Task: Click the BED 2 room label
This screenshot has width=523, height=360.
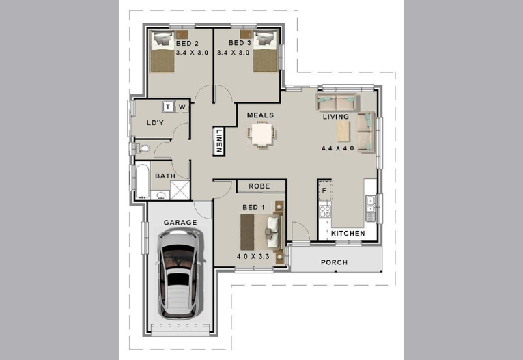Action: (x=187, y=43)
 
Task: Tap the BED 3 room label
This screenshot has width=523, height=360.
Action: (x=240, y=43)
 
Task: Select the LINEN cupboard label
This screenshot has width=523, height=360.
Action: (x=218, y=141)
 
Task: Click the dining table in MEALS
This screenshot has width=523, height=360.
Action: (x=261, y=135)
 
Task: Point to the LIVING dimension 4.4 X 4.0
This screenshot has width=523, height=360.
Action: (x=337, y=148)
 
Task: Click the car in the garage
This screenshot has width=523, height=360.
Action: (x=180, y=274)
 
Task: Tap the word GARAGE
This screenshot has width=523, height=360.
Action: (x=180, y=223)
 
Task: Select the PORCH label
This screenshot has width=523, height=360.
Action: (x=334, y=262)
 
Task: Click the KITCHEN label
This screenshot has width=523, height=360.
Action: (x=348, y=234)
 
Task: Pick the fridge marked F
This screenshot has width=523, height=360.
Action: (x=324, y=191)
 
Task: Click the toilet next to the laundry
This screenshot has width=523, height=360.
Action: (x=143, y=148)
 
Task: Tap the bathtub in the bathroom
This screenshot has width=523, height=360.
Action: (x=142, y=181)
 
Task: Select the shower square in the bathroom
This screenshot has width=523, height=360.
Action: (x=180, y=190)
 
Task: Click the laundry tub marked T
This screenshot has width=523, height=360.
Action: (x=168, y=107)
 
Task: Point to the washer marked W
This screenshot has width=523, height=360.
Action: (x=182, y=107)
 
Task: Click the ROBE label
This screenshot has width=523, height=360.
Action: (x=259, y=186)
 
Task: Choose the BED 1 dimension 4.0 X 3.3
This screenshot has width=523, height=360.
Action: (x=253, y=257)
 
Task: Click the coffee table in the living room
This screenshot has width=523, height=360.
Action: (x=343, y=131)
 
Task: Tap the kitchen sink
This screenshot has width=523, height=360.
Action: (x=370, y=204)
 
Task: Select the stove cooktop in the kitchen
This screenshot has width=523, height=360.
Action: (x=325, y=212)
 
